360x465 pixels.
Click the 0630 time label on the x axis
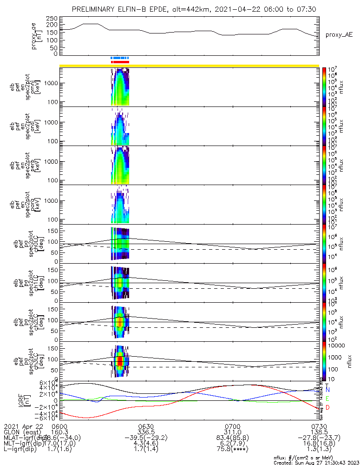[146, 426]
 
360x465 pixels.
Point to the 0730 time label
[319, 426]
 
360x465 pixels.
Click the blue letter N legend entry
[327, 389]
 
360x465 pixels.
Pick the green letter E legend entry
[327, 399]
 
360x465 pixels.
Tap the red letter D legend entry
[327, 408]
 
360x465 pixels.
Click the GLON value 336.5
[146, 432]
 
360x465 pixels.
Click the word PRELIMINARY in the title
[96, 9]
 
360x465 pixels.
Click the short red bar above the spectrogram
[120, 62]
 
